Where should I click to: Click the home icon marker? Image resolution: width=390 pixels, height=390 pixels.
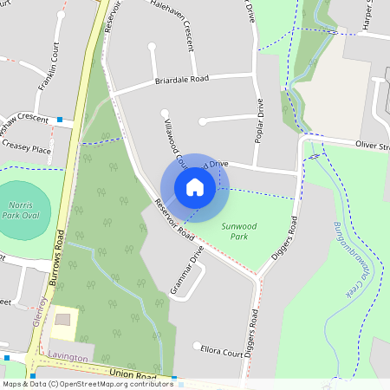(195, 187)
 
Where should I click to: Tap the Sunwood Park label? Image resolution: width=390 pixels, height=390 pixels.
(239, 231)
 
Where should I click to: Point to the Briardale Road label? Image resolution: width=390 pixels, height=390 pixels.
(182, 80)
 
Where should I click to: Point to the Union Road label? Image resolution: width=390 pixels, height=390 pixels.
(132, 375)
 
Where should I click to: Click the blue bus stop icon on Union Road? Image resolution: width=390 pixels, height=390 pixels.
(174, 379)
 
